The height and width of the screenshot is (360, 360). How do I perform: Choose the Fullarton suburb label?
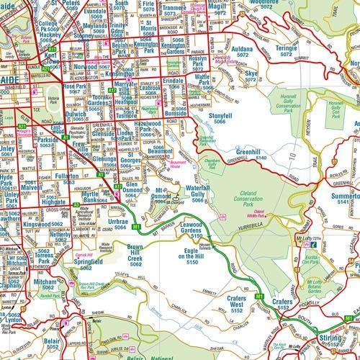66,177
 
